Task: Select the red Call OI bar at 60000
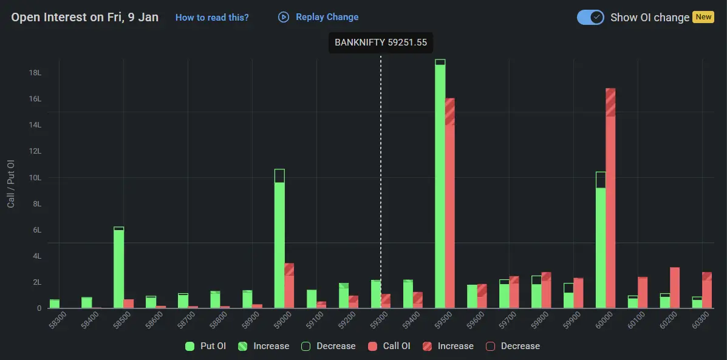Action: click(x=610, y=200)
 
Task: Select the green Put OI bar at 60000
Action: click(x=601, y=243)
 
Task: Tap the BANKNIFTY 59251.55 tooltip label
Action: click(x=381, y=42)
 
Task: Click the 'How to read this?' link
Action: click(x=212, y=18)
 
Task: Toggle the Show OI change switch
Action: click(x=590, y=17)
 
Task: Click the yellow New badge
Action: click(x=704, y=17)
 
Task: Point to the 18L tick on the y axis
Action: click(x=35, y=73)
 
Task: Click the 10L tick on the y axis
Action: click(x=35, y=178)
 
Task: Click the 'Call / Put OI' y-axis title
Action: click(x=11, y=184)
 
